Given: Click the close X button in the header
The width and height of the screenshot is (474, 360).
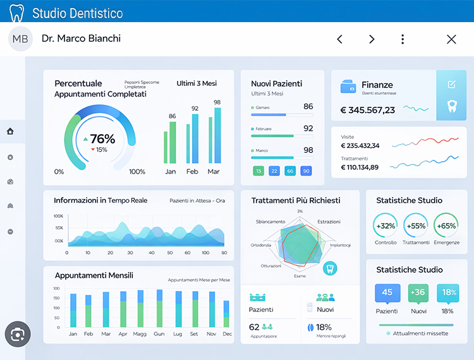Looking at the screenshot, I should pyautogui.click(x=451, y=39).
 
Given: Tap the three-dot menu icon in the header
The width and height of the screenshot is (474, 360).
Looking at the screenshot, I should pyautogui.click(x=403, y=39).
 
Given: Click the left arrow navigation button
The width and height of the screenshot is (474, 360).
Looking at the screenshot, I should pyautogui.click(x=339, y=39).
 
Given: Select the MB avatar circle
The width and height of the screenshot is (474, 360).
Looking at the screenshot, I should pyautogui.click(x=20, y=39).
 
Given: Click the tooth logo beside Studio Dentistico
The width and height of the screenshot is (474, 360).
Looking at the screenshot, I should pyautogui.click(x=16, y=13).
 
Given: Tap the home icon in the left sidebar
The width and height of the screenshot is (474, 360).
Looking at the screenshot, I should pyautogui.click(x=10, y=131).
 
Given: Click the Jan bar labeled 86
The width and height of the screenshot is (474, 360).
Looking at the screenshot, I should pyautogui.click(x=170, y=143).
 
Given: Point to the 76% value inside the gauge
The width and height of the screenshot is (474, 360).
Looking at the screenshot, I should pyautogui.click(x=102, y=139).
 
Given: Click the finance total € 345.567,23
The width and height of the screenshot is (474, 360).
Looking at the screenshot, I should pyautogui.click(x=368, y=110).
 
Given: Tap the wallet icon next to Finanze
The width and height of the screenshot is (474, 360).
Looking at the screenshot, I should pyautogui.click(x=348, y=86).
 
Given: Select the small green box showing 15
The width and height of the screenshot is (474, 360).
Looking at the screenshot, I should pyautogui.click(x=258, y=171).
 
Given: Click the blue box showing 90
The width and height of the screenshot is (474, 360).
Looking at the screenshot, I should pyautogui.click(x=306, y=171).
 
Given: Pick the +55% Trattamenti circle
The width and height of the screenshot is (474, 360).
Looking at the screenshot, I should pyautogui.click(x=416, y=226).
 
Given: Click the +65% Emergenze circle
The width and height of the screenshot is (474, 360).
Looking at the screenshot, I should pyautogui.click(x=446, y=226).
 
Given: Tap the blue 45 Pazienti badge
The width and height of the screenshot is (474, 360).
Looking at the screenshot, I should pyautogui.click(x=387, y=292).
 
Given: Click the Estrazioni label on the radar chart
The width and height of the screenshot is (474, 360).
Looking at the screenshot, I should pyautogui.click(x=329, y=222).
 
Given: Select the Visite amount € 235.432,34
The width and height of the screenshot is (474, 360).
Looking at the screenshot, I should pyautogui.click(x=360, y=145).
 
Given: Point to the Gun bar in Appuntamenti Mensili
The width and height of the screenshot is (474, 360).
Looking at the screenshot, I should pyautogui.click(x=159, y=309).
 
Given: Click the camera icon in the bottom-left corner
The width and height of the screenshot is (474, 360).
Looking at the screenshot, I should pyautogui.click(x=18, y=334).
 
